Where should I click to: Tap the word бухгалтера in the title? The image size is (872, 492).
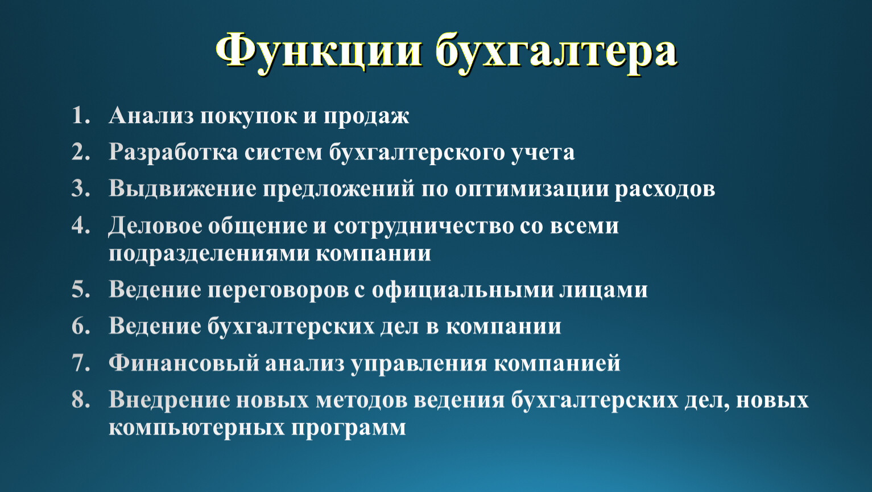click(556, 52)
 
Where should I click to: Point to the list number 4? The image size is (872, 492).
click(81, 225)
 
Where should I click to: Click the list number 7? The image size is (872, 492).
click(81, 363)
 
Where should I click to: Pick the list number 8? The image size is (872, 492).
click(81, 399)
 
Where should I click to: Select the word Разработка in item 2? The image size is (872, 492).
click(173, 153)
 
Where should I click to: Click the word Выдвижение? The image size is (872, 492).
click(183, 190)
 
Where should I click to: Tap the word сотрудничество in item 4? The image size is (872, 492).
click(424, 227)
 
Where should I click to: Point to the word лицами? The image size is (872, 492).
click(604, 290)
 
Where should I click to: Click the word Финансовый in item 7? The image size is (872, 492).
click(184, 363)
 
